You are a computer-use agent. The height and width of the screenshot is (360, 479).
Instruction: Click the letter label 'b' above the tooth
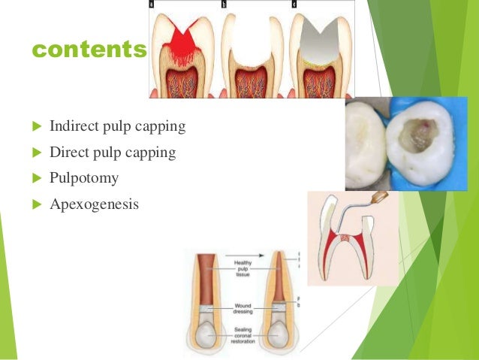[224, 5]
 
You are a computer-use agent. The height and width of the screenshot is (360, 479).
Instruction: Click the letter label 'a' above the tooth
[154, 5]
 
